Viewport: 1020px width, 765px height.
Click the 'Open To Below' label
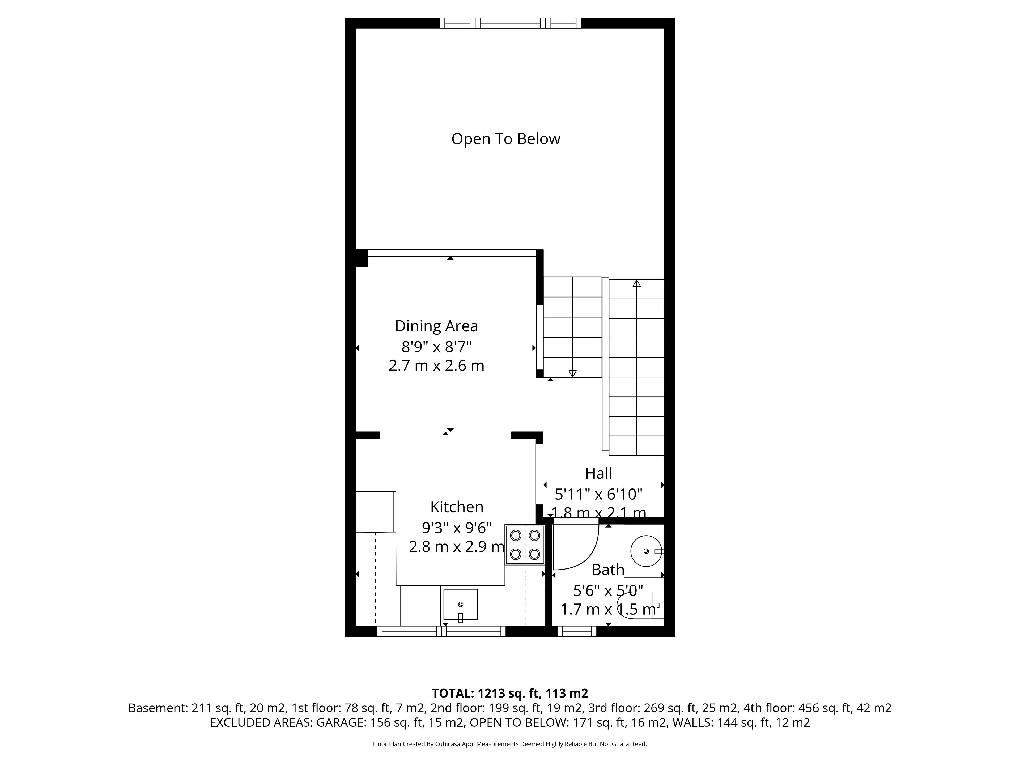pos(506,139)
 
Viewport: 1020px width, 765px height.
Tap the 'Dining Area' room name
pos(436,326)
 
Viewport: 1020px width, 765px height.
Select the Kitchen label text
pos(457,507)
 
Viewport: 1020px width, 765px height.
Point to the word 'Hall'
pos(598,473)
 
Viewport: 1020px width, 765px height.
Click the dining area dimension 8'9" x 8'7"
pos(436,346)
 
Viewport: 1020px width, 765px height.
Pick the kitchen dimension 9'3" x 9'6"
pos(457,526)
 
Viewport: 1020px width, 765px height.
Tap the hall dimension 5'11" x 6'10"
pos(598,494)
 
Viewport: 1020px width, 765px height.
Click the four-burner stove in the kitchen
pos(525,545)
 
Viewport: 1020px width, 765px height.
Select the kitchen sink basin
pos(460,605)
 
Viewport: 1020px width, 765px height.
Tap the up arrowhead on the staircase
pos(637,283)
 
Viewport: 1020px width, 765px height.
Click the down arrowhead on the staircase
pos(573,373)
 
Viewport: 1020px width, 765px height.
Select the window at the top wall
pos(510,23)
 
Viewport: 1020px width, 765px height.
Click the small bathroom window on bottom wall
pos(577,631)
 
